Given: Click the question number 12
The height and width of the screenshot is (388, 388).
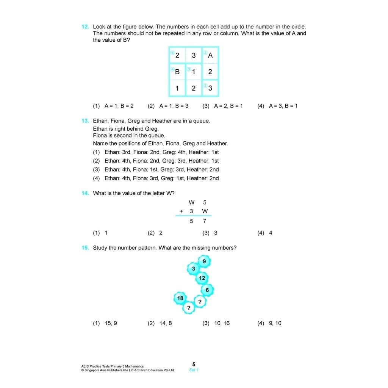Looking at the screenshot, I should [85, 27].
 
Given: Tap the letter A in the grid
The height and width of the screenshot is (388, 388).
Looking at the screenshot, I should [211, 55].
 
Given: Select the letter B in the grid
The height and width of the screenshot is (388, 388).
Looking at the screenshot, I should [177, 72].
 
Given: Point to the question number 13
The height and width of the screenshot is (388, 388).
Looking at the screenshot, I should [85, 121].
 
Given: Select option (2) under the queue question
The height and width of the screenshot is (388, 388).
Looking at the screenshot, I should [156, 161].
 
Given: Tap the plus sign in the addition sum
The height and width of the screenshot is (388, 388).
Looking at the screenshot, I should [181, 211].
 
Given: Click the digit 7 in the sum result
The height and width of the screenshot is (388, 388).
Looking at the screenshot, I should [205, 221].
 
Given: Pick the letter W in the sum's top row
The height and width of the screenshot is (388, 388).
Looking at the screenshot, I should [191, 202].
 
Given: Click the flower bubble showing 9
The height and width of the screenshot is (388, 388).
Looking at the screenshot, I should [204, 261].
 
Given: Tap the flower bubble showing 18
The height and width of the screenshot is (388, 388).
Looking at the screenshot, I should [180, 299].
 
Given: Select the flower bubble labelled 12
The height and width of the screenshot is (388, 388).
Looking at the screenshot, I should [202, 278].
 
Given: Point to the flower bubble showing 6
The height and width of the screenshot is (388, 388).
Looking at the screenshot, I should [207, 290].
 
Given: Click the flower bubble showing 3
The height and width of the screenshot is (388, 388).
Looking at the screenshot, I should [194, 269].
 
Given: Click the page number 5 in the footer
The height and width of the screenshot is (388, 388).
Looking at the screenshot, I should [194, 365].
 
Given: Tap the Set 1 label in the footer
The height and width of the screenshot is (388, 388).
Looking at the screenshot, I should [194, 370].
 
